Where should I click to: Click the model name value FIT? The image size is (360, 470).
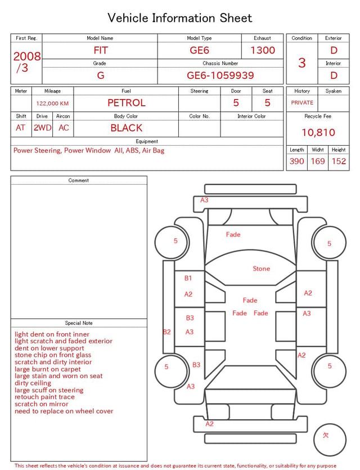[x=101, y=50]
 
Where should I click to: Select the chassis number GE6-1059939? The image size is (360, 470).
[x=220, y=75]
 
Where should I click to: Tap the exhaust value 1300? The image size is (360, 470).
[x=262, y=50]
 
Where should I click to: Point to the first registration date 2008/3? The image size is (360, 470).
[x=26, y=62]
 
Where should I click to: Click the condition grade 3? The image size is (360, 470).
[x=302, y=63]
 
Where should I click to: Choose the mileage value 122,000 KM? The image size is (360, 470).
[x=52, y=104]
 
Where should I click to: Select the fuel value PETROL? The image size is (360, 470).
[x=127, y=103]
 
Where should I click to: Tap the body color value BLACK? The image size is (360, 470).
[x=127, y=128]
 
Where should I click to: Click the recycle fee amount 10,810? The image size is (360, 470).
[x=318, y=132]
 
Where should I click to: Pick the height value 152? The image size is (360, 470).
[x=339, y=161]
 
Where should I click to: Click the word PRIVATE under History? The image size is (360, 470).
[x=302, y=102]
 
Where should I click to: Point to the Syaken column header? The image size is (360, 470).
[x=334, y=91]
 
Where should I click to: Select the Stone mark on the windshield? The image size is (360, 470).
[x=261, y=268]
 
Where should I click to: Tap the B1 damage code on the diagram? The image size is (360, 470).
[x=188, y=278]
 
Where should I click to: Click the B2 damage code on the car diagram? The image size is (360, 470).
[x=167, y=332]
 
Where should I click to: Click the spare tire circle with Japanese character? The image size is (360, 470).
[x=330, y=440]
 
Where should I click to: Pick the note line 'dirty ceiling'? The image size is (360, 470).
[x=33, y=383]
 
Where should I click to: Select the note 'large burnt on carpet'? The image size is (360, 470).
[x=48, y=369]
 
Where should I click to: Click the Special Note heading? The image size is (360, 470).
[x=79, y=323]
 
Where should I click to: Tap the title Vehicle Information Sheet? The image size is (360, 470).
[x=179, y=18]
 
